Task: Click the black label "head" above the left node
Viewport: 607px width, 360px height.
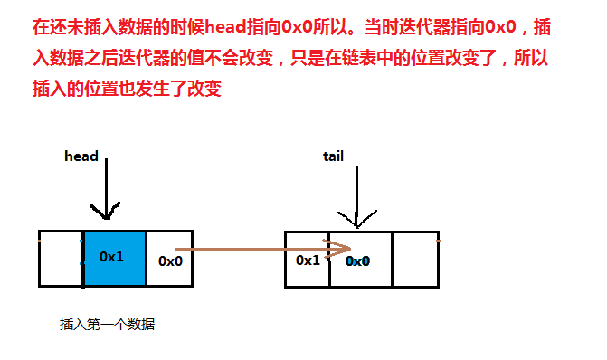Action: coord(81,156)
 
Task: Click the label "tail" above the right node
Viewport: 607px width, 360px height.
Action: coord(333,156)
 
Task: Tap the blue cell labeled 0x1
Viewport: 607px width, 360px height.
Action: coord(112,259)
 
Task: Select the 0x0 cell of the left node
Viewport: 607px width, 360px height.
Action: coord(170,261)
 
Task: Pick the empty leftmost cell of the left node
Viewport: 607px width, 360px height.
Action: coord(62,259)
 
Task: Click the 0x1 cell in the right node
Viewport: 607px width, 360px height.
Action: coord(308,260)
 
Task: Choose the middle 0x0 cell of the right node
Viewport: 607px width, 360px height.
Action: coord(360,261)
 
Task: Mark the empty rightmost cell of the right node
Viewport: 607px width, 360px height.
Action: coord(413,260)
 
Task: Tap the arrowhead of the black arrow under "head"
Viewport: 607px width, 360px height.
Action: coord(106,214)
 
